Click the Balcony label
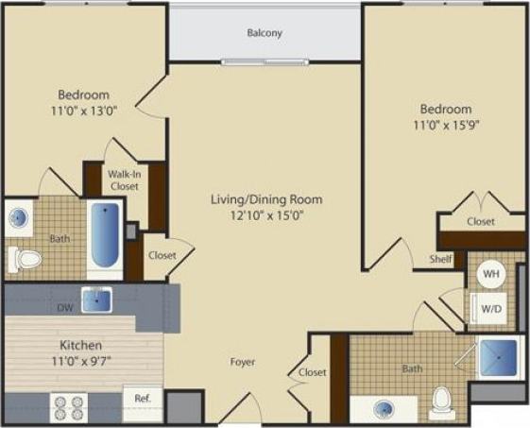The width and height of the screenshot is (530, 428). (x=265, y=34)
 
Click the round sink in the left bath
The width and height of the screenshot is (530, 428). (x=20, y=218)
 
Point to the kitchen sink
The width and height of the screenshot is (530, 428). (x=95, y=300)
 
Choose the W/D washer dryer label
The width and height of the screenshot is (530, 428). (x=492, y=307)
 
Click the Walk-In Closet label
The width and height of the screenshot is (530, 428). (x=123, y=180)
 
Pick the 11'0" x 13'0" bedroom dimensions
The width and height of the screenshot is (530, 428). (x=84, y=111)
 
